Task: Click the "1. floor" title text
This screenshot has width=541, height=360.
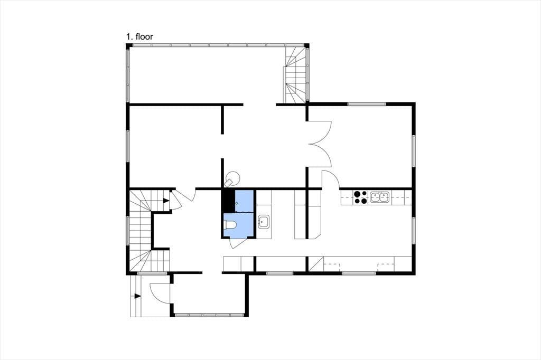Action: pyautogui.click(x=139, y=36)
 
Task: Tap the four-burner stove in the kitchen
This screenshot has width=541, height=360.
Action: pyautogui.click(x=360, y=197)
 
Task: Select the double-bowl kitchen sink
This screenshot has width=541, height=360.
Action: pyautogui.click(x=379, y=197)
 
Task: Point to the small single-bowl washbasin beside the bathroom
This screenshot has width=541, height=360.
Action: pyautogui.click(x=264, y=221)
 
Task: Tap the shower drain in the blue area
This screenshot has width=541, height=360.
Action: pyautogui.click(x=237, y=203)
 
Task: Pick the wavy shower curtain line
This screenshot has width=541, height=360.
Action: pyautogui.click(x=244, y=212)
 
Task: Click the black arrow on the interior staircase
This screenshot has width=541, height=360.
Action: pyautogui.click(x=166, y=201)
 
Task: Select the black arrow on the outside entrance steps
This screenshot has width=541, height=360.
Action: pyautogui.click(x=138, y=296)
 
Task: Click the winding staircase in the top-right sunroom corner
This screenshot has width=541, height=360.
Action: pyautogui.click(x=295, y=75)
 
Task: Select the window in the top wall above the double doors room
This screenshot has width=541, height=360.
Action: pyautogui.click(x=367, y=104)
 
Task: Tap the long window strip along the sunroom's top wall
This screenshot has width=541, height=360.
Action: pyautogui.click(x=217, y=45)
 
